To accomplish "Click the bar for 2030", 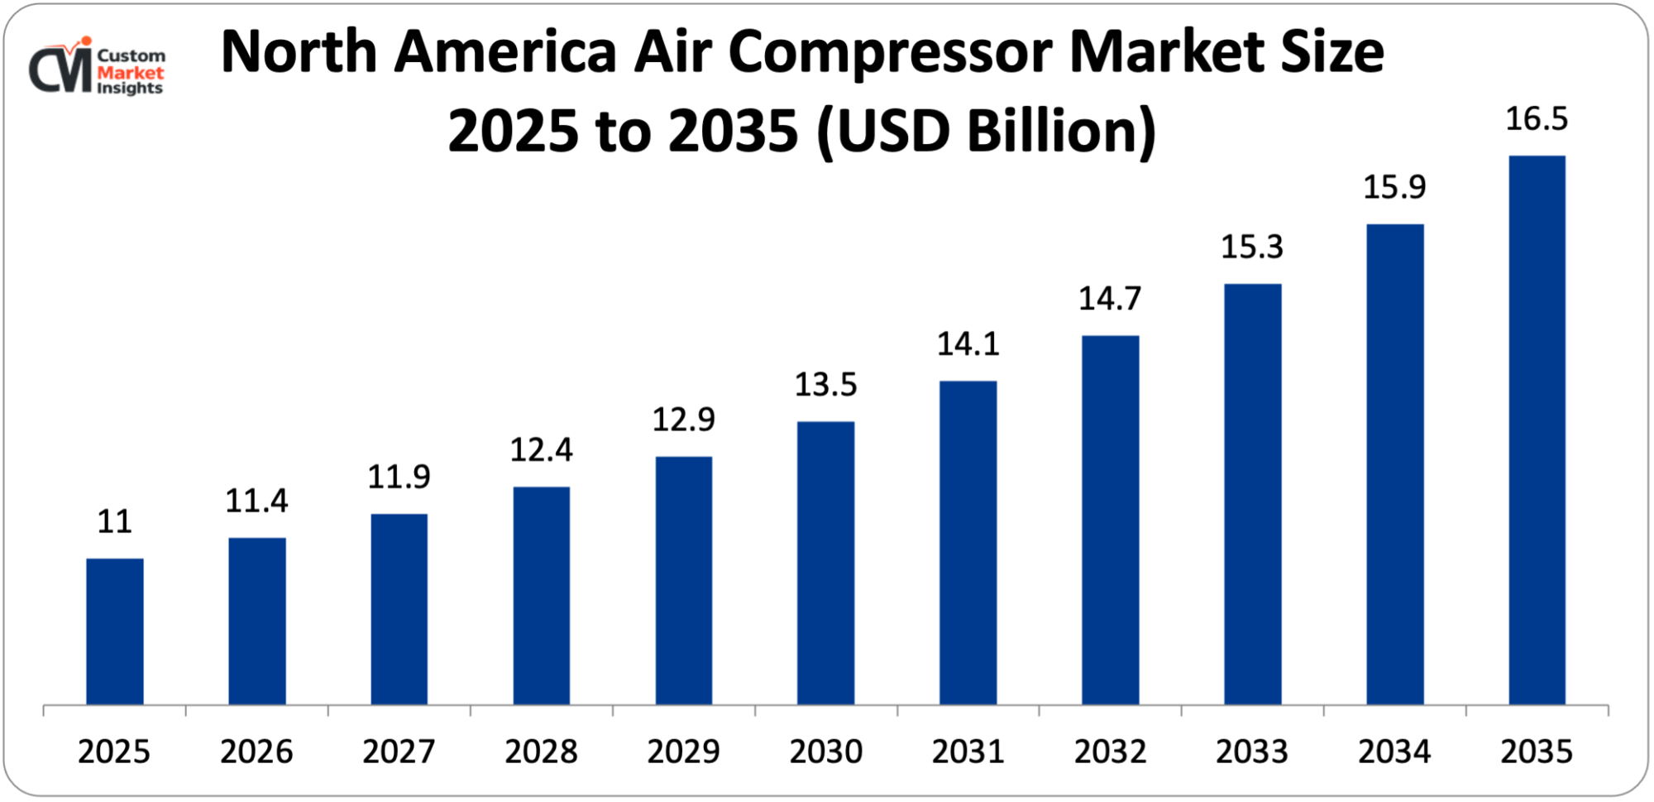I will coord(825,563).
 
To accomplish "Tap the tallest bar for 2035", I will coord(1537,430).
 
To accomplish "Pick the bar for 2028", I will coord(541,596).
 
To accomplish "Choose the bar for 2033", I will coord(1252,494).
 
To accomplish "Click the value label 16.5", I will coord(1536,119).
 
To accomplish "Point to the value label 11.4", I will coord(256,501).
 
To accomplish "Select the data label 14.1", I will coord(968,344).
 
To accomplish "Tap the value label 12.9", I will coord(683,420).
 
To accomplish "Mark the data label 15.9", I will coord(1394,187).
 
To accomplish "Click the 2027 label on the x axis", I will coord(399,752).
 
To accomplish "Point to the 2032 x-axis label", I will coord(1110,752).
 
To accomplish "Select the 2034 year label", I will coord(1394,752).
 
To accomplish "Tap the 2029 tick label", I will coord(683,752).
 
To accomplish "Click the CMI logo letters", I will coord(60,70).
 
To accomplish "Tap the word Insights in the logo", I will coord(130,89).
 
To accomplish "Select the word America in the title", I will coord(505,51).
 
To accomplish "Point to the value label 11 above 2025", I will coord(114,522).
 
